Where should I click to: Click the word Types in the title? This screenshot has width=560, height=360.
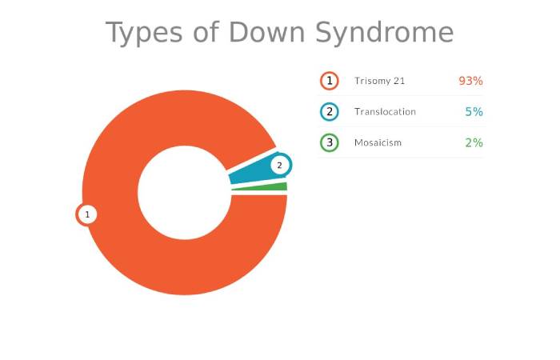pyautogui.click(x=144, y=33)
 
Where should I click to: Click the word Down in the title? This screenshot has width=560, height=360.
pyautogui.click(x=267, y=32)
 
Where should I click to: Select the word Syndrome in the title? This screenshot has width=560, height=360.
pyautogui.click(x=385, y=33)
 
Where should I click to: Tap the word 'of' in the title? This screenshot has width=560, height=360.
pyautogui.click(x=206, y=31)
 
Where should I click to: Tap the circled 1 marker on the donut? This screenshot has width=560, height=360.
pyautogui.click(x=86, y=214)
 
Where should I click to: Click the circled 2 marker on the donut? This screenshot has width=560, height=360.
pyautogui.click(x=280, y=165)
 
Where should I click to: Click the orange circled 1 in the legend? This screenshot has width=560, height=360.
pyautogui.click(x=330, y=81)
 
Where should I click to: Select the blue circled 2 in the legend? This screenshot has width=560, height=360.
pyautogui.click(x=330, y=112)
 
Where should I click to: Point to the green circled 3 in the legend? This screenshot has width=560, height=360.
pyautogui.click(x=330, y=143)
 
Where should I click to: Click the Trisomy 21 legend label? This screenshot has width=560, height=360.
pyautogui.click(x=380, y=81)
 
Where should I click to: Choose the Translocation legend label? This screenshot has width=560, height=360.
pyautogui.click(x=385, y=112)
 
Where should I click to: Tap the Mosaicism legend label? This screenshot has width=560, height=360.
pyautogui.click(x=378, y=143)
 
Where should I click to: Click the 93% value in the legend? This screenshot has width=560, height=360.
pyautogui.click(x=470, y=81)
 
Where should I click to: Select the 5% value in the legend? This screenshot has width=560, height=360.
pyautogui.click(x=474, y=112)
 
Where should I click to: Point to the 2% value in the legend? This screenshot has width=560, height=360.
pyautogui.click(x=474, y=143)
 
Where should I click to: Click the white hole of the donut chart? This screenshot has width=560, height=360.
pyautogui.click(x=185, y=193)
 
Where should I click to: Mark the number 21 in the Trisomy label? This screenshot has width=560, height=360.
pyautogui.click(x=399, y=81)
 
